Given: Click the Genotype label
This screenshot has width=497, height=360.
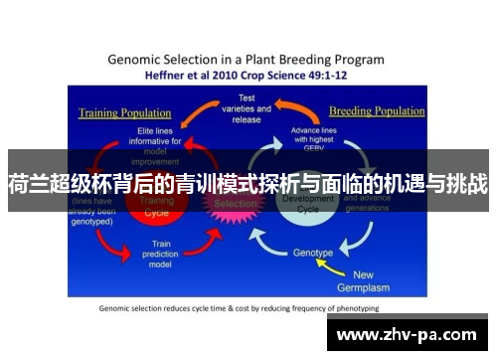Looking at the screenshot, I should [313, 253].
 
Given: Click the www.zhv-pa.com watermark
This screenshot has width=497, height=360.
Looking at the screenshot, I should [413, 335].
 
